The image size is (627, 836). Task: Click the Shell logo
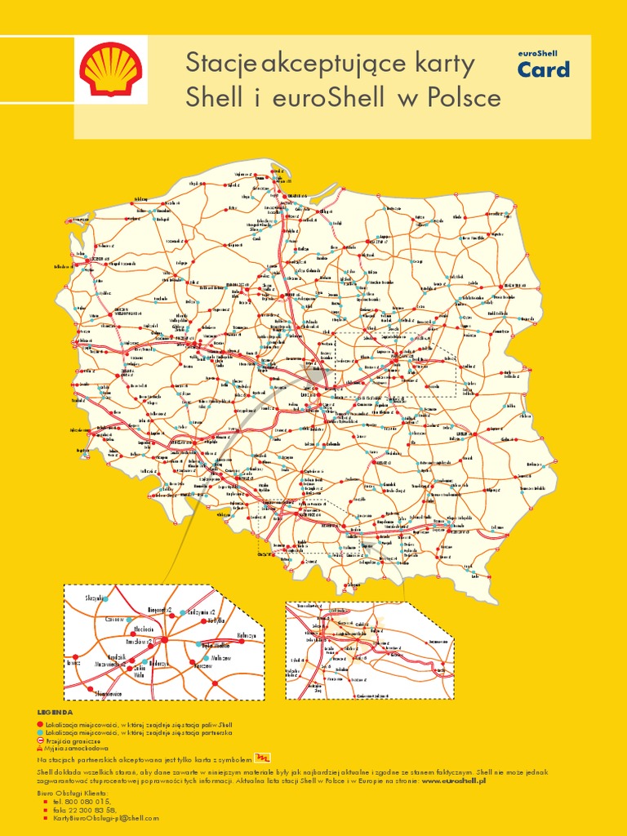point(112,70)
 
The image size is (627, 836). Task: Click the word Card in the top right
point(544,70)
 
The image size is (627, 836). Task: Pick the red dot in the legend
point(39,724)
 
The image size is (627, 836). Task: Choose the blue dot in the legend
point(39,732)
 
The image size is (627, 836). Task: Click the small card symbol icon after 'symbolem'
point(262,758)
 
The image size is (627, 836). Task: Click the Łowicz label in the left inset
point(73,663)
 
